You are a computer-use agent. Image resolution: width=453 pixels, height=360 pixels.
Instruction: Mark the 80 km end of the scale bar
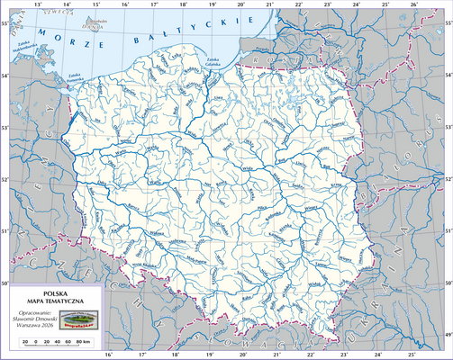tap(82, 343)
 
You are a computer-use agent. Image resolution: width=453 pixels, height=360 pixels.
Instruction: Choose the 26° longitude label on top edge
tap(413, 4)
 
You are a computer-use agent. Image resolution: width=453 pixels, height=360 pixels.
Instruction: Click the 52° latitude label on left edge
tap(5, 181)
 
